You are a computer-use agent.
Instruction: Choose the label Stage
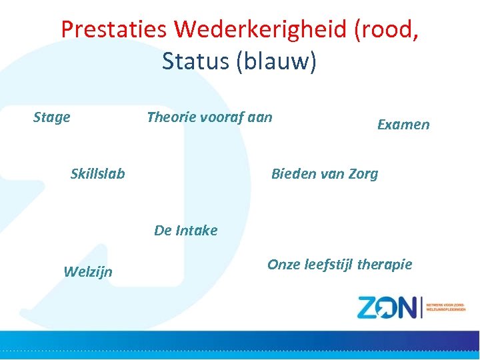[x=51, y=117]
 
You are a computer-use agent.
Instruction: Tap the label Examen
[x=403, y=125]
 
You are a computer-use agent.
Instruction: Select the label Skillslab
[x=97, y=174]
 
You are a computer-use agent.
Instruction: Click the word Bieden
[x=293, y=174]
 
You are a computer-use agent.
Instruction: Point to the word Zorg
[x=362, y=175]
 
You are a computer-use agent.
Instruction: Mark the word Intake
[x=196, y=231]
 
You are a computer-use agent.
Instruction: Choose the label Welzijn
[x=87, y=271]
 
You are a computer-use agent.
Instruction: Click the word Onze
[x=284, y=265]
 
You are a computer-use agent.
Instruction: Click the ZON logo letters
[x=386, y=307]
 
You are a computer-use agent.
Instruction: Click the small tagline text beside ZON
[x=446, y=306]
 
